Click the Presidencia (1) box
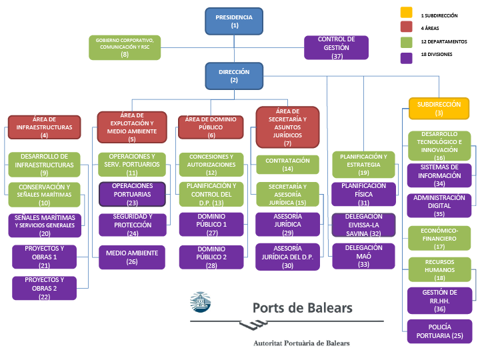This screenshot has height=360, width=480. coord(235,21)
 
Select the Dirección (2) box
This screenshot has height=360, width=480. coord(234,76)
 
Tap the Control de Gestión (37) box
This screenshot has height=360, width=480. coord(336,48)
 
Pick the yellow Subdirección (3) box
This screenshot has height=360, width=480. coord(439,109)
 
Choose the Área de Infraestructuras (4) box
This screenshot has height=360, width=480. coord(44,127)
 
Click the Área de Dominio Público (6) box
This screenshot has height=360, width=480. coord(211,127)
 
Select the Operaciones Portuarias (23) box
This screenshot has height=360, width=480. coord(132,194)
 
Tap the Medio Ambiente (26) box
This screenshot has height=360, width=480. coord(132,257)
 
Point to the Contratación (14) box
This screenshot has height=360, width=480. coord(287,164)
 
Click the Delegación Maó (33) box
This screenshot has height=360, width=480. coord(364,255)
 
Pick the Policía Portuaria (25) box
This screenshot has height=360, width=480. coord(439,331)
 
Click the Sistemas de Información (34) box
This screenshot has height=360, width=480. coord(439,175)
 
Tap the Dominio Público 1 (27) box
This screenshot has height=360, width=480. coord(211,225)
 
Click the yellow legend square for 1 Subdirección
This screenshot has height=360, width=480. coord(406,13)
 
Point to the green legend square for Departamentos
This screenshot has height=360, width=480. coord(406,41)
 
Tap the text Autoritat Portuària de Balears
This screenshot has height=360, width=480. coord(301,343)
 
